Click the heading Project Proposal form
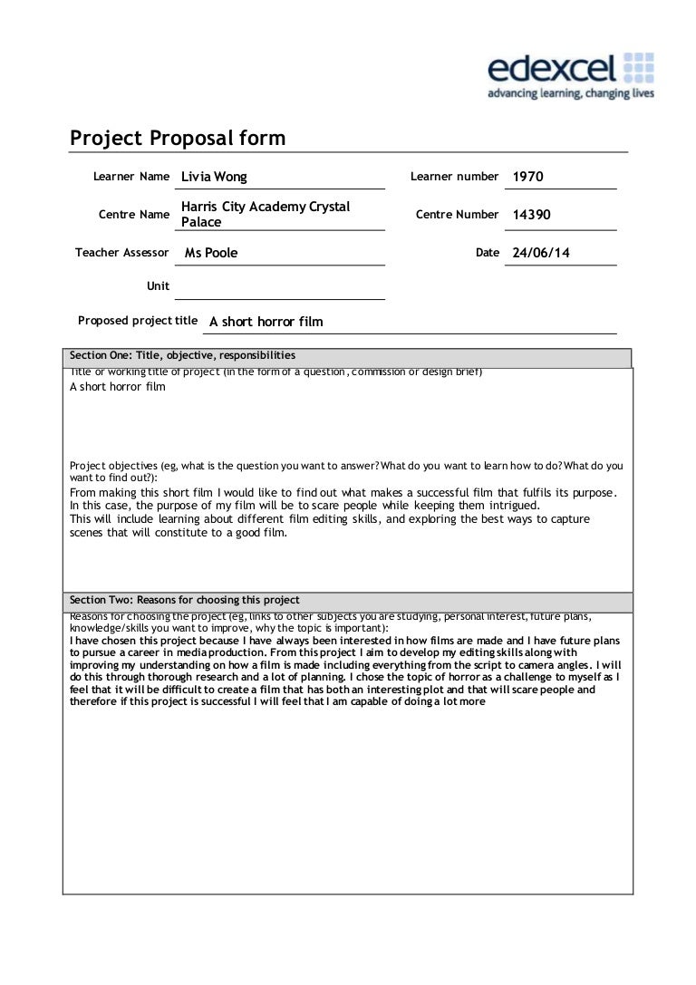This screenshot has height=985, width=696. point(178,139)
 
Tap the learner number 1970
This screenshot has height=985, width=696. point(528,177)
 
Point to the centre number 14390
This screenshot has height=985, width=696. point(531,215)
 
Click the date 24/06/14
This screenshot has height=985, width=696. point(541,253)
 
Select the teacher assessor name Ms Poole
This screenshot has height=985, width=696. point(211,253)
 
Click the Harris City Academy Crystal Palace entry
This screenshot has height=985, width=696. point(265,215)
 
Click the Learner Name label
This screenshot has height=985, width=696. point(131,176)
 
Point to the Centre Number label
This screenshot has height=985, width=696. point(457,215)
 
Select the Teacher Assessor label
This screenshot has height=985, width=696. point(122,253)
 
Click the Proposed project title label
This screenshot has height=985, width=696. point(138,320)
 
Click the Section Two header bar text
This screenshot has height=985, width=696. point(185,600)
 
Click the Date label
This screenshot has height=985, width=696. point(488,253)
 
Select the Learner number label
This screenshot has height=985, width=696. point(454,176)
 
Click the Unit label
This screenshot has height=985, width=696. point(158,285)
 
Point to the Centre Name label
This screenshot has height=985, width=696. point(134,215)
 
